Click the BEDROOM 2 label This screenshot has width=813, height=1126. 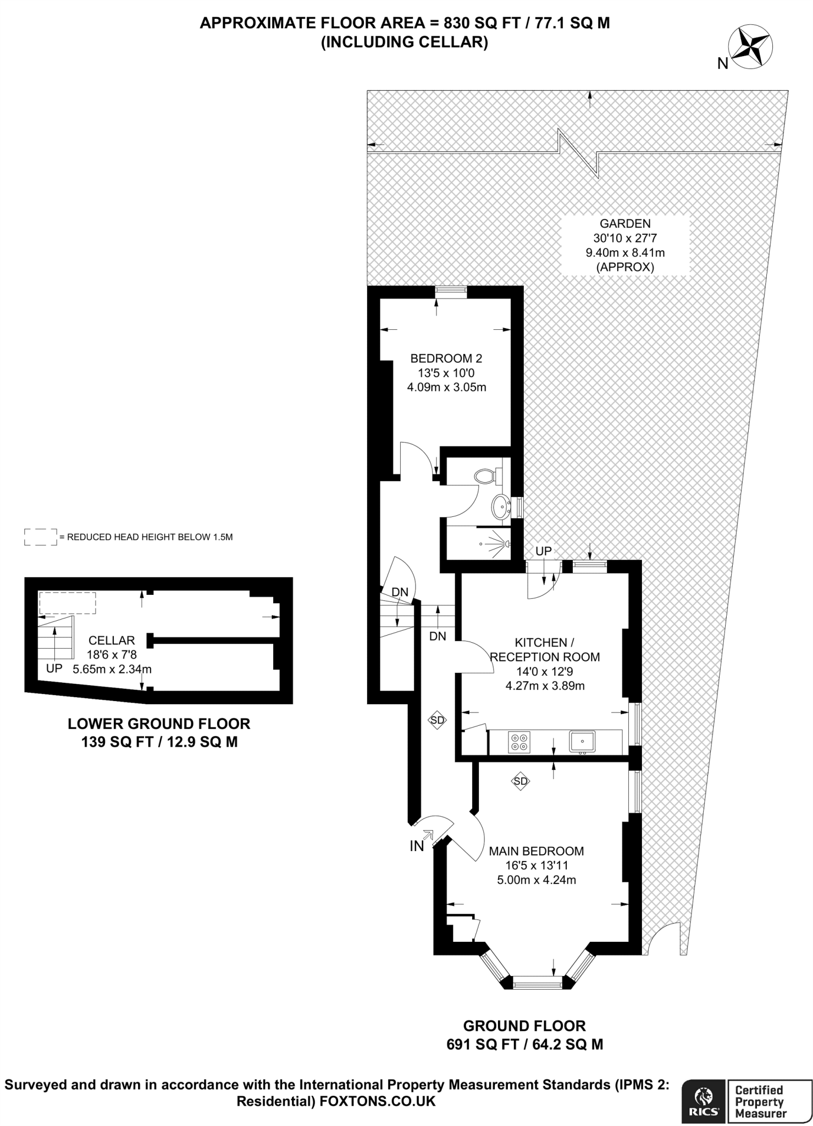tap(446, 358)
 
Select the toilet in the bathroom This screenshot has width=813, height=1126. tap(485, 476)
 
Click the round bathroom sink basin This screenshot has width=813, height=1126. tap(500, 506)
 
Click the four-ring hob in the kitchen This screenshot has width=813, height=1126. tap(519, 742)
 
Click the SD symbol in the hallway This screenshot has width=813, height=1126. tap(437, 720)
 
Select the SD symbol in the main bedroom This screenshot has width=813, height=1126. tap(520, 781)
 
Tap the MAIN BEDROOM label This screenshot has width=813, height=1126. tap(536, 851)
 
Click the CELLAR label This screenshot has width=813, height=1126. tap(112, 641)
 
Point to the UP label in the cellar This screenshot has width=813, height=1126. tap(54, 669)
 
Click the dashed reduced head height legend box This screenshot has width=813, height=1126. tap(41, 537)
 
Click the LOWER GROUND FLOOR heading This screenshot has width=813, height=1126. tap(159, 724)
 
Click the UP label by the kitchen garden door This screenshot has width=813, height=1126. tap(543, 551)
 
